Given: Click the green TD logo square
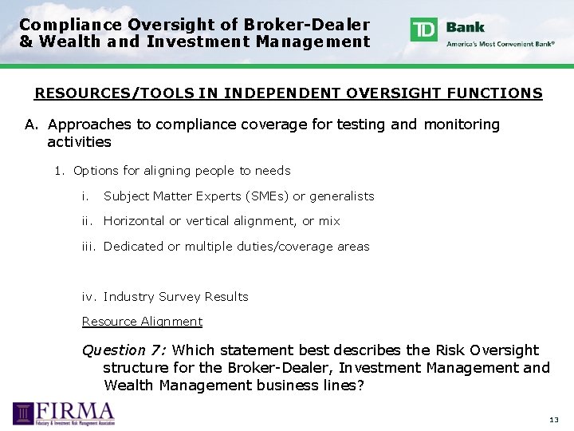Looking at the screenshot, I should click(x=424, y=30).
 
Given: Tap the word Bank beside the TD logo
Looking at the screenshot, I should click(x=466, y=26).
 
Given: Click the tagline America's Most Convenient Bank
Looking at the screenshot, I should click(x=501, y=44).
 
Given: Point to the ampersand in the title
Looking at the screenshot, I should click(x=26, y=42).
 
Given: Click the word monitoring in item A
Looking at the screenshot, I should click(x=462, y=125).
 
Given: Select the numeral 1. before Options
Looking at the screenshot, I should click(x=59, y=171).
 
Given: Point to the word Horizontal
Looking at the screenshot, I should click(x=134, y=221).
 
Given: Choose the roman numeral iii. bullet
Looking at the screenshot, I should click(x=89, y=247).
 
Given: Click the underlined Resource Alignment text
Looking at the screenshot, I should click(x=142, y=322).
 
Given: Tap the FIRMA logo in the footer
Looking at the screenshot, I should click(x=64, y=413).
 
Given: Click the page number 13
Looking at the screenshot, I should click(x=554, y=420).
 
